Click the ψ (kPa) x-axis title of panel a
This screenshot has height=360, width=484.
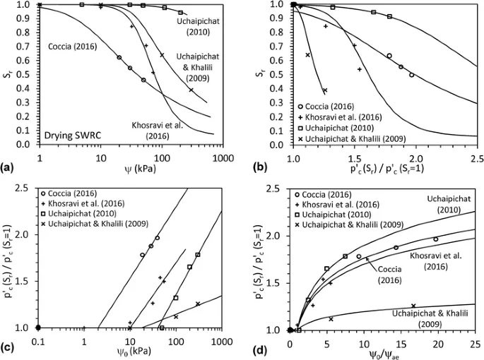pyautogui.click(x=134, y=169)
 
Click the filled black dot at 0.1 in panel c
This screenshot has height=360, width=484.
pyautogui.click(x=38, y=328)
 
